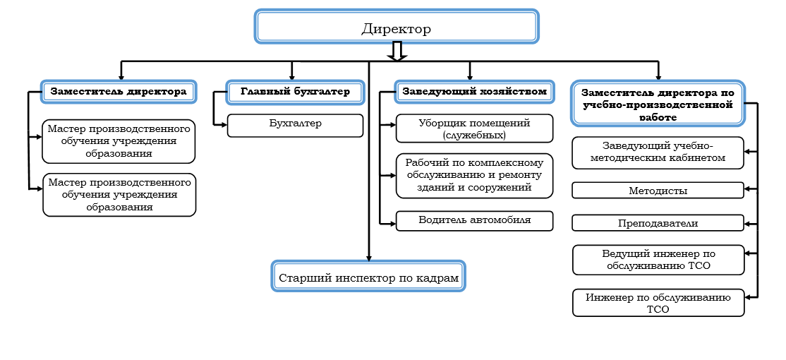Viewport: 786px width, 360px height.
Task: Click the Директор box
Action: click(x=396, y=28)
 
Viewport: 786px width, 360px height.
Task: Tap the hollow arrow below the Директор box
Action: click(x=397, y=52)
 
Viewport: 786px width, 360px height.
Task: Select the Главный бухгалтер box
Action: click(x=295, y=92)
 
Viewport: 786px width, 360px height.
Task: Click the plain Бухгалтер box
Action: click(x=295, y=124)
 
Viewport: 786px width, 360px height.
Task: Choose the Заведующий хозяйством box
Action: click(x=473, y=92)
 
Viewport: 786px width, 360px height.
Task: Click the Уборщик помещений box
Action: click(x=473, y=128)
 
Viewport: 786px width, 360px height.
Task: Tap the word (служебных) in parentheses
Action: click(x=473, y=134)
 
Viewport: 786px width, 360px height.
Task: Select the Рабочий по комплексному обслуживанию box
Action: click(x=473, y=175)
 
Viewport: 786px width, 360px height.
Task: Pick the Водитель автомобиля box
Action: click(x=473, y=220)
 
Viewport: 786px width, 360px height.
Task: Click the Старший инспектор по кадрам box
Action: click(x=369, y=276)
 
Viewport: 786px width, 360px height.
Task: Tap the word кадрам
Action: click(x=436, y=277)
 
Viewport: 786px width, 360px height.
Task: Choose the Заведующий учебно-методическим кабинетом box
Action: click(x=658, y=152)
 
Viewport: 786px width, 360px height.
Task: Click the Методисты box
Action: click(x=658, y=191)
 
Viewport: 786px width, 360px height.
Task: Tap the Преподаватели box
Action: click(x=658, y=223)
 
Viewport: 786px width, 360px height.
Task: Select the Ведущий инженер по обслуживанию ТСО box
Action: click(x=658, y=259)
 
